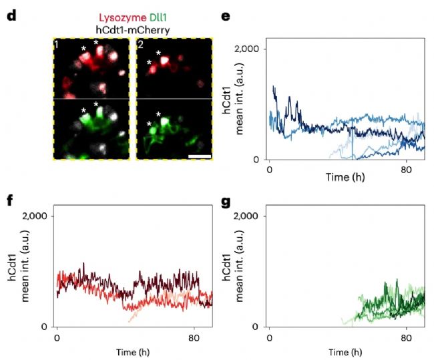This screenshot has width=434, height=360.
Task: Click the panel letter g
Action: pos(229,198)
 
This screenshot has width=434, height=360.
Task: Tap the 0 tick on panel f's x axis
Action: pos(57,337)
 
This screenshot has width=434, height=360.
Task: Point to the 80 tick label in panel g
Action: pos(406,337)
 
